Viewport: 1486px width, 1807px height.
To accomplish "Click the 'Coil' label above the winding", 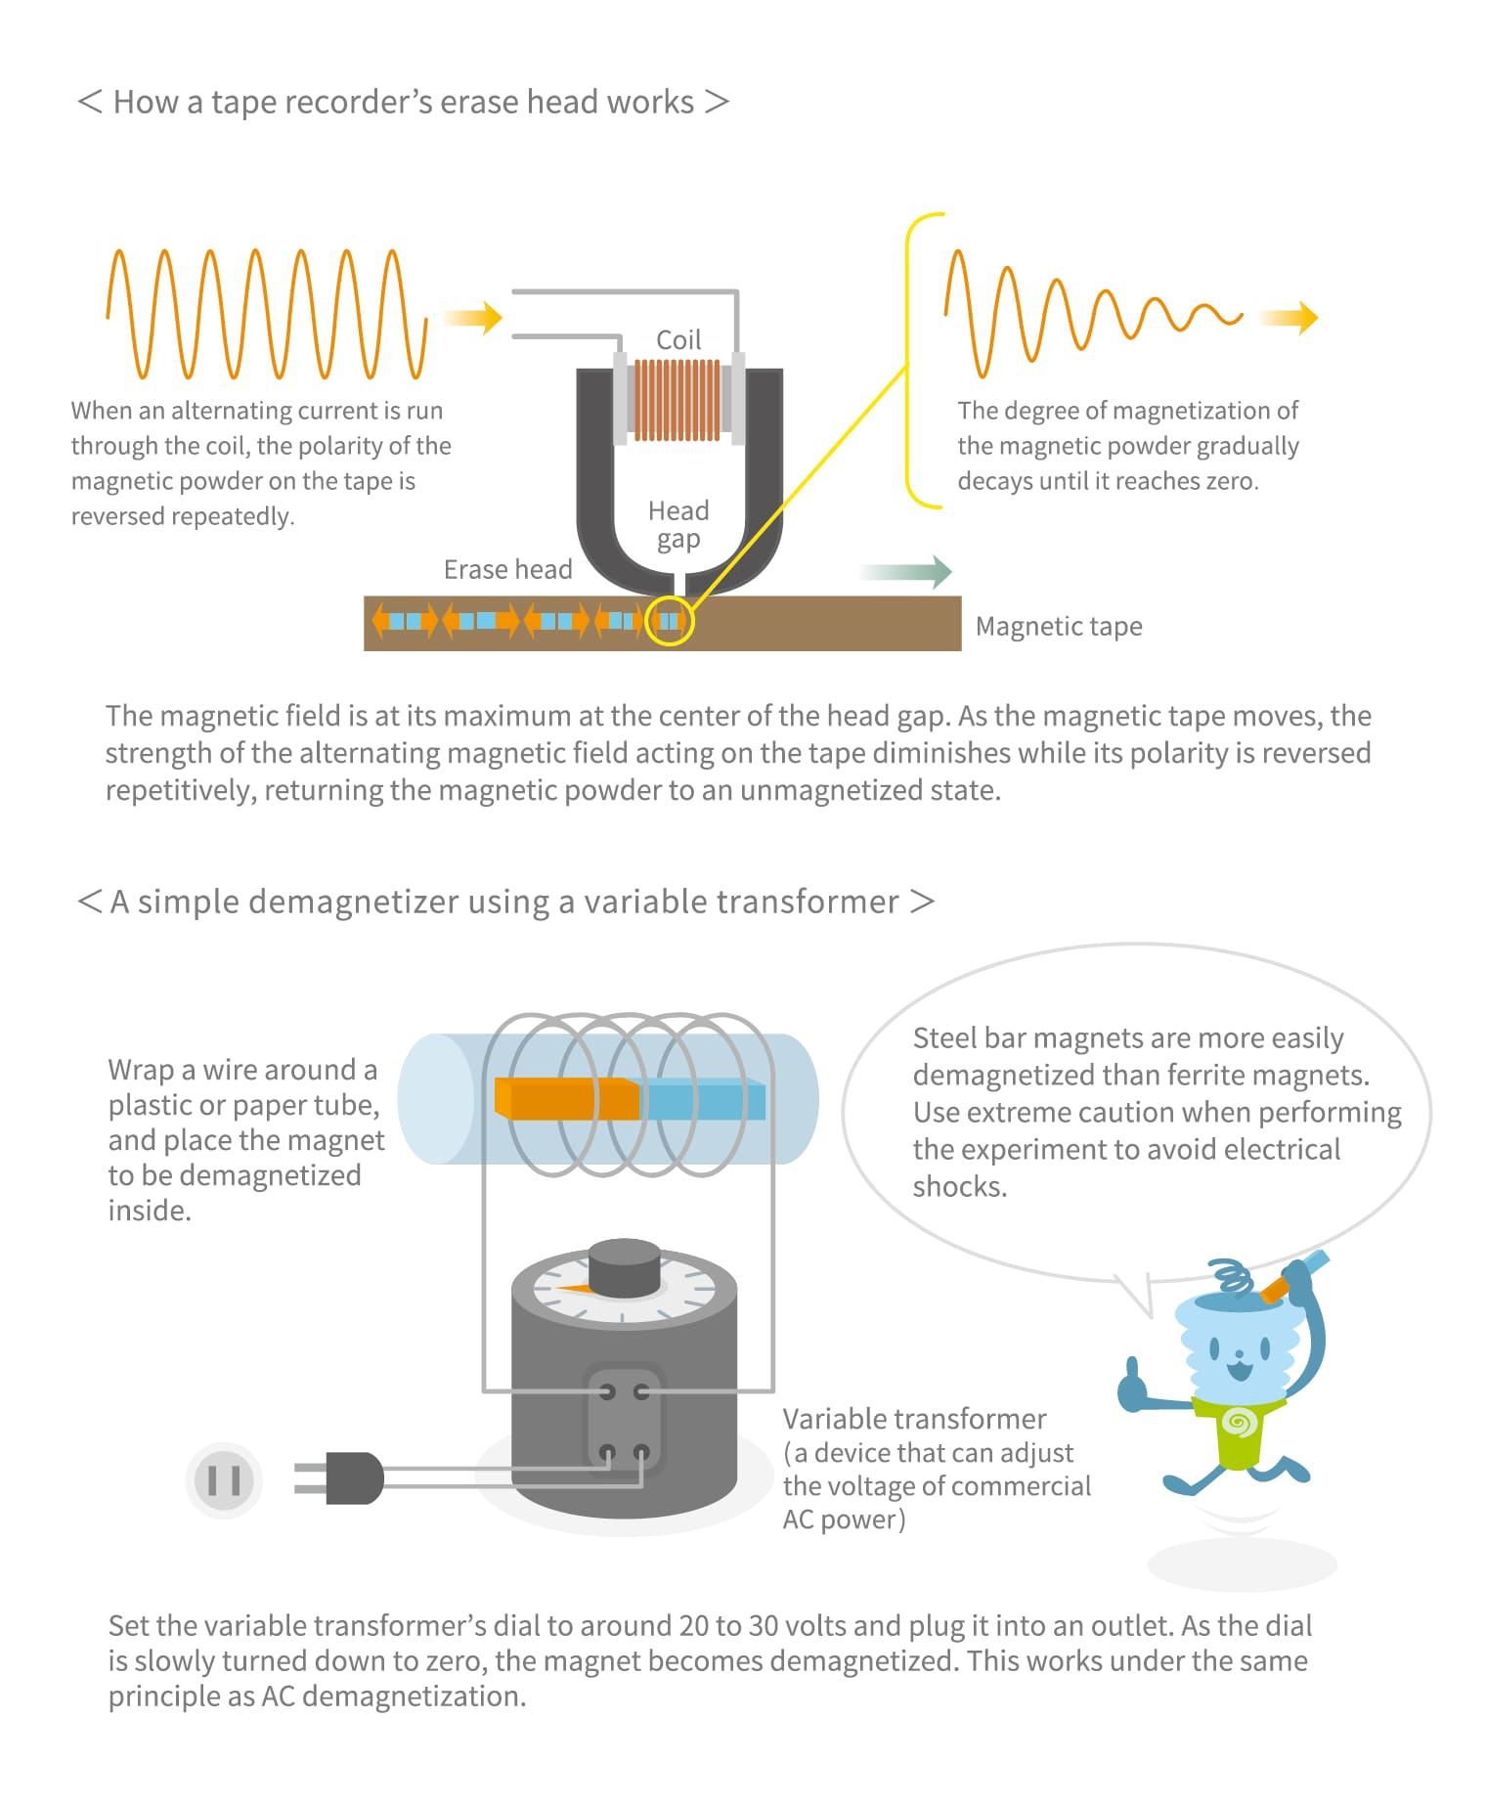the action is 678,339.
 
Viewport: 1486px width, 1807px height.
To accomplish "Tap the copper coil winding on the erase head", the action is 677,400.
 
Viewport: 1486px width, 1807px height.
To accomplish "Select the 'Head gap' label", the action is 678,525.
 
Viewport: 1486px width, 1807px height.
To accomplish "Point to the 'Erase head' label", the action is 507,569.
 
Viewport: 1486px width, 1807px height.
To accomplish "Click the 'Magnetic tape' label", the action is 1059,626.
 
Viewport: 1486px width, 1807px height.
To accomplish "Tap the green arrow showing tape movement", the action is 905,572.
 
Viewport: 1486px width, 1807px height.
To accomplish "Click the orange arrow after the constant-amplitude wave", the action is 472,317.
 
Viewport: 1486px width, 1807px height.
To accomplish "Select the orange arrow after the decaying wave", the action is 1289,317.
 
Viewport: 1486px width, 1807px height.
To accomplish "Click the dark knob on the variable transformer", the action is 625,1268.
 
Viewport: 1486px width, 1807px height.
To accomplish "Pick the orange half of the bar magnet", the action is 567,1098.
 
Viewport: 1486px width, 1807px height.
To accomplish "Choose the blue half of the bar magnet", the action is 703,1099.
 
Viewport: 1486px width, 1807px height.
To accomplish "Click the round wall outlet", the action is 224,1479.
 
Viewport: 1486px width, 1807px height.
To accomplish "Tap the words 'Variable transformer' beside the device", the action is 914,1419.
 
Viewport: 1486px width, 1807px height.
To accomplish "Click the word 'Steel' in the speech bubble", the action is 945,1037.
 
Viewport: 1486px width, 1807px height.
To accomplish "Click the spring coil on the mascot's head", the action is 1230,1277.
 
